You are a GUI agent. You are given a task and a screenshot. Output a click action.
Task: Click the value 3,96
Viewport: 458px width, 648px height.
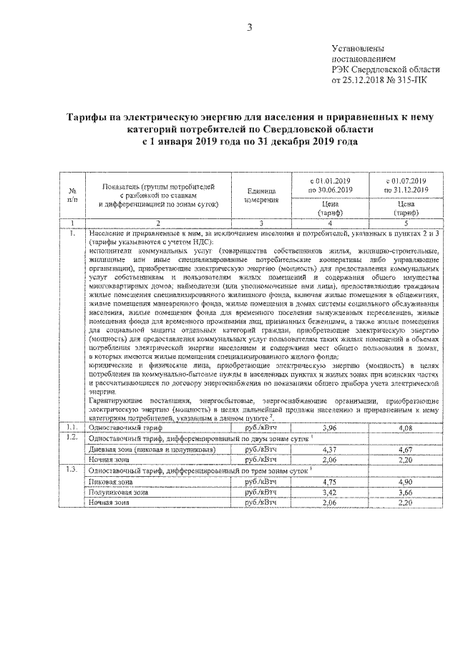click(x=330, y=428)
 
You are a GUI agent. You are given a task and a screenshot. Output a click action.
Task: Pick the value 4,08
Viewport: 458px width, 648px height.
click(x=405, y=428)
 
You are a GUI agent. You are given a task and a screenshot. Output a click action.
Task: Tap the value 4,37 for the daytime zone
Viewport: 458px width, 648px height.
click(x=330, y=449)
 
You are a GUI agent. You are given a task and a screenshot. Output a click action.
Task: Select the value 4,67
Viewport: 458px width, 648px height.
click(x=405, y=449)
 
